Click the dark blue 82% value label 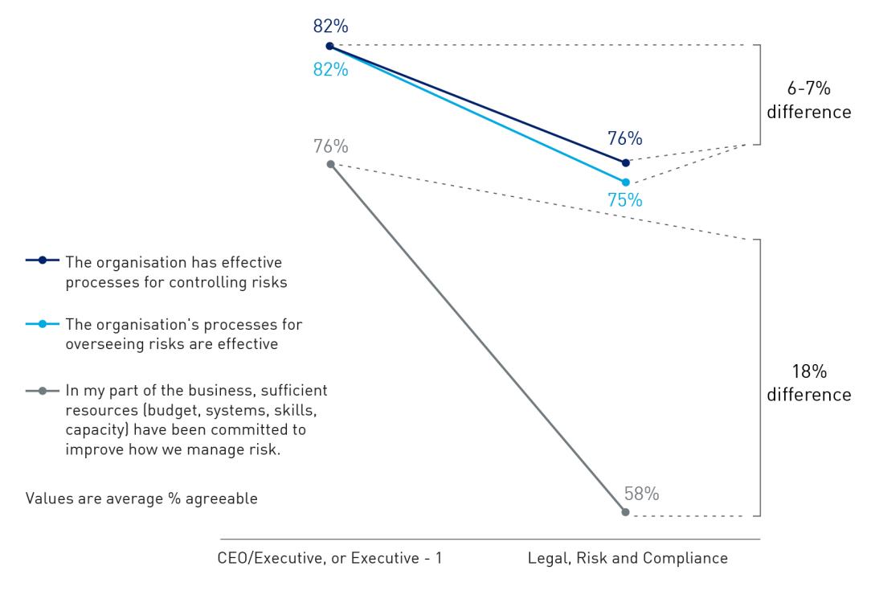[x=330, y=25]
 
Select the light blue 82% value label [x=330, y=70]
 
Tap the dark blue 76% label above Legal [x=625, y=139]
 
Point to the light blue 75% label [x=625, y=201]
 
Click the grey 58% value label [x=641, y=494]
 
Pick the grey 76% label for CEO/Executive [x=330, y=146]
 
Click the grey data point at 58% [x=625, y=512]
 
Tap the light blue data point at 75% [x=626, y=183]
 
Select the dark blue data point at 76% [x=626, y=162]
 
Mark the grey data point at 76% [x=330, y=164]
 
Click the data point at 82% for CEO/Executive [x=329, y=46]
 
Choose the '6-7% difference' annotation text [x=808, y=101]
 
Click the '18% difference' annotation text [x=808, y=384]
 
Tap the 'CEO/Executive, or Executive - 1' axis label [x=330, y=559]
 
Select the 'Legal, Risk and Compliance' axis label [x=628, y=559]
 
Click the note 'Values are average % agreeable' [x=141, y=498]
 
